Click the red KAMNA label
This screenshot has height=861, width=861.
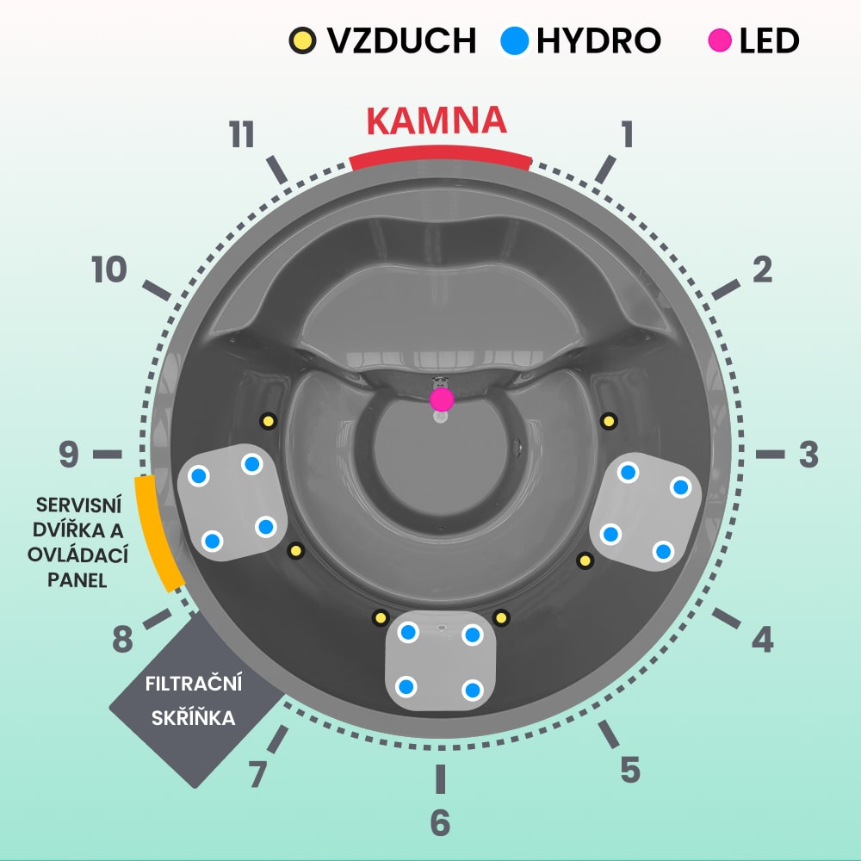(x=436, y=121)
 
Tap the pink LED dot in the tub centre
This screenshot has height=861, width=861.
(x=442, y=399)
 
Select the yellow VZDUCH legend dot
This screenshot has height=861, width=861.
(x=302, y=40)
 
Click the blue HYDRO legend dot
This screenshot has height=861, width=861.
(x=514, y=40)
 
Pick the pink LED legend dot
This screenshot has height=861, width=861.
(x=720, y=40)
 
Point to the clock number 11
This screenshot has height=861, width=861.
(x=242, y=135)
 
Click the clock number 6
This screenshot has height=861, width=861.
(x=440, y=823)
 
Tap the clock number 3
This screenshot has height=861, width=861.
(x=808, y=455)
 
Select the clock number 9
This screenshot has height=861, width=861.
(x=69, y=455)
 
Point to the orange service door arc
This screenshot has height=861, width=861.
(x=156, y=534)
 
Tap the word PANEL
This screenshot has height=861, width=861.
(x=78, y=580)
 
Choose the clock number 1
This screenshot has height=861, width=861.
(x=627, y=135)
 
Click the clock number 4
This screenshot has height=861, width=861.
(x=762, y=639)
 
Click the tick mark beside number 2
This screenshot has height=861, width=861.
(x=725, y=290)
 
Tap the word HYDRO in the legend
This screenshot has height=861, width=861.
(x=598, y=40)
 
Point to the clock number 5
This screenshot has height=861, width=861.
(x=629, y=769)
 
